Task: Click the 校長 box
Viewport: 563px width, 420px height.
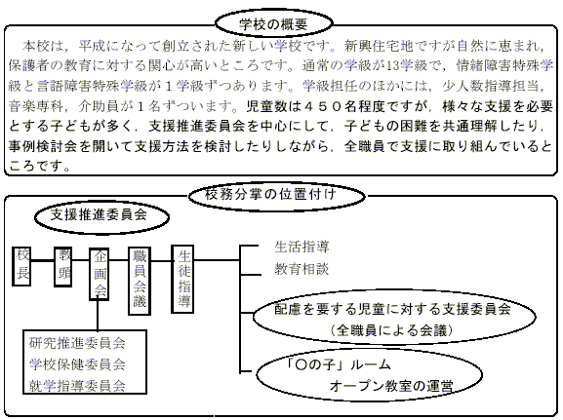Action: [21, 266]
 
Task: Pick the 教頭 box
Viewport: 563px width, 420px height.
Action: [62, 266]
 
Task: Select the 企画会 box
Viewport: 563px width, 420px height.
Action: [100, 274]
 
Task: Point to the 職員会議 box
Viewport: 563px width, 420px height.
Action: [140, 281]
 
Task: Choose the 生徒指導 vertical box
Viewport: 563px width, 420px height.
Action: [182, 279]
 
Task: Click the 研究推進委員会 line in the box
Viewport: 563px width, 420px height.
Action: [77, 343]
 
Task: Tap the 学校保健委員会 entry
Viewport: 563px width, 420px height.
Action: [77, 364]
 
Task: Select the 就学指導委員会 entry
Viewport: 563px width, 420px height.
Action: [77, 386]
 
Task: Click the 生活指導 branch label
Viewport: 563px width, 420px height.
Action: [302, 247]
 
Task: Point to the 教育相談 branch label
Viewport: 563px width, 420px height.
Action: [302, 269]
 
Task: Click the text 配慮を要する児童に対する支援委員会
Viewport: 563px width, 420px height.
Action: [392, 309]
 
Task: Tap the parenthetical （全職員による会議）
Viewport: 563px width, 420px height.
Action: [391, 330]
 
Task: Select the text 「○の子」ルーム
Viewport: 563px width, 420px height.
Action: [339, 364]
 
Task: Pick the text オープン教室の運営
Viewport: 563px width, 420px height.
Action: [391, 386]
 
